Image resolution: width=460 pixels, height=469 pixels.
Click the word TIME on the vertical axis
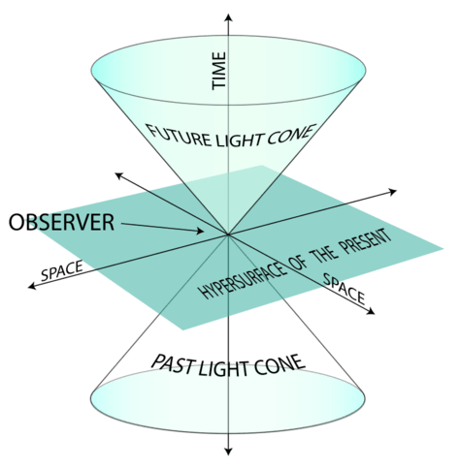tap(218, 71)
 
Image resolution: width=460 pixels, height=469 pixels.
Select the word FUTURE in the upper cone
tap(179, 135)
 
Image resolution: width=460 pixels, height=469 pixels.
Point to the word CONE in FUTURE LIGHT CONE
tap(290, 135)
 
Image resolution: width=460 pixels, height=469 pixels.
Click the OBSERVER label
tap(61, 223)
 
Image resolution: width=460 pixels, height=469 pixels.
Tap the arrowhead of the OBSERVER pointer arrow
tap(200, 231)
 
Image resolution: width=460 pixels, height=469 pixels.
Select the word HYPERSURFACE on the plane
tap(244, 280)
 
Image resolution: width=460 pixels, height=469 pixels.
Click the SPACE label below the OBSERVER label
tap(62, 270)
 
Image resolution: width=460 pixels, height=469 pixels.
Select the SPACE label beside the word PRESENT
tap(345, 289)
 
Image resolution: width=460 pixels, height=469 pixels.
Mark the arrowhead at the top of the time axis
tap(229, 16)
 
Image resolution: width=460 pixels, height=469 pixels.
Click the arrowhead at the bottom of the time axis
tap(229, 452)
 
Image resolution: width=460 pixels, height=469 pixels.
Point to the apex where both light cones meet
tap(228, 234)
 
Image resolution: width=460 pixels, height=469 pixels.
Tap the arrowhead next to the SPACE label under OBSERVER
tap(32, 286)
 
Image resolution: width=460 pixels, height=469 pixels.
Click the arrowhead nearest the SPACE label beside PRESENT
tap(371, 311)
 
